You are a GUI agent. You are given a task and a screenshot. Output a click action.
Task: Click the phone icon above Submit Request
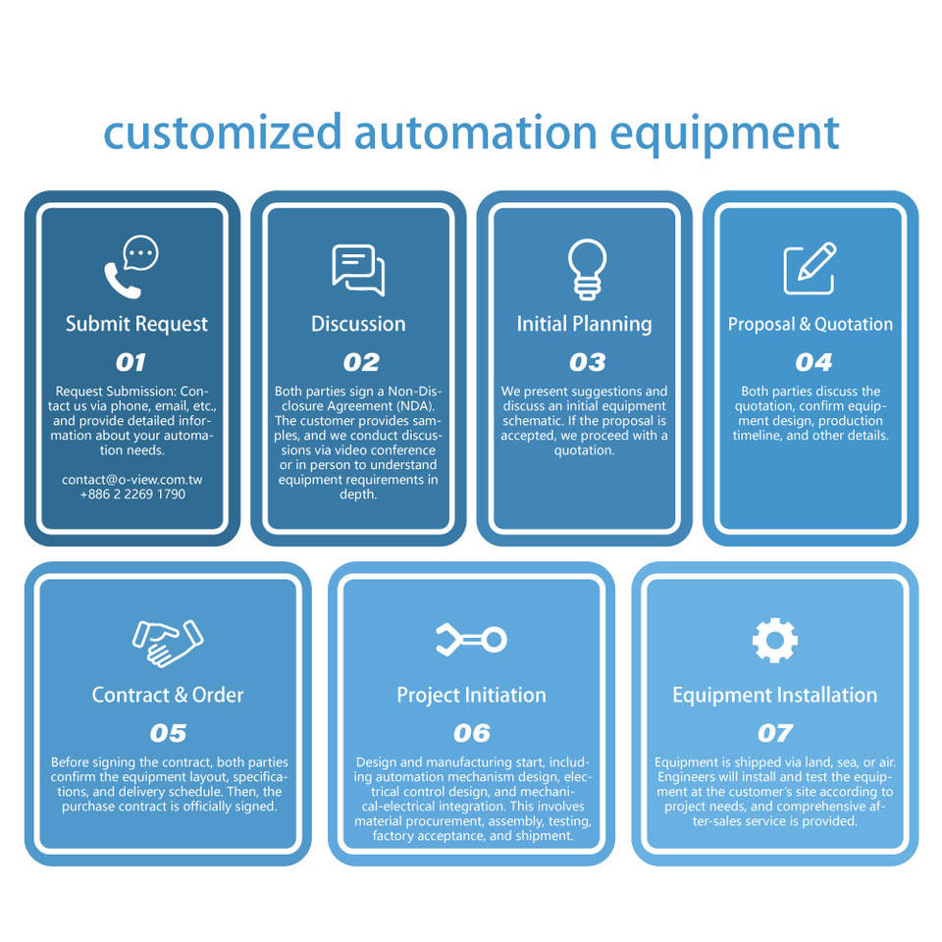click(131, 267)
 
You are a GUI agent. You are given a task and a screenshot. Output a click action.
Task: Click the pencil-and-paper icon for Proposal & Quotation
click(810, 268)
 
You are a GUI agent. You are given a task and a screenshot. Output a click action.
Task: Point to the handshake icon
click(167, 641)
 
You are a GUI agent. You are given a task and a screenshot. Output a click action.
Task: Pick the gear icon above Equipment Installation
click(774, 641)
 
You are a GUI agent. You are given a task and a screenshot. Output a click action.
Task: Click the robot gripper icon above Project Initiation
click(471, 641)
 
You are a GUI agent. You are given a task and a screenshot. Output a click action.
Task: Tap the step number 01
click(131, 362)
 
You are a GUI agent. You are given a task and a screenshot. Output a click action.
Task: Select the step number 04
click(813, 362)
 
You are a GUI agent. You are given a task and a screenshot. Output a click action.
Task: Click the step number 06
click(471, 733)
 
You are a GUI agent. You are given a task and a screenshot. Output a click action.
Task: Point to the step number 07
click(774, 733)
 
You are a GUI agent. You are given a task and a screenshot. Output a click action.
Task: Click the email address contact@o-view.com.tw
click(132, 480)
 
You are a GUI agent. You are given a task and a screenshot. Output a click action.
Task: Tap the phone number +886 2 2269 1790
click(132, 494)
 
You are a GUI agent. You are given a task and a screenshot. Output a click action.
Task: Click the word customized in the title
click(222, 132)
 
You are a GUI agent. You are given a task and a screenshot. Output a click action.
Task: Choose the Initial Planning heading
click(585, 324)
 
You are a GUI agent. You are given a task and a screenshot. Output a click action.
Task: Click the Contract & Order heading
click(168, 695)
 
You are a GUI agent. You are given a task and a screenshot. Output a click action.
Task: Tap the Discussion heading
click(358, 324)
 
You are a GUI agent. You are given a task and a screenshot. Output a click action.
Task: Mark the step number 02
click(361, 362)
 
